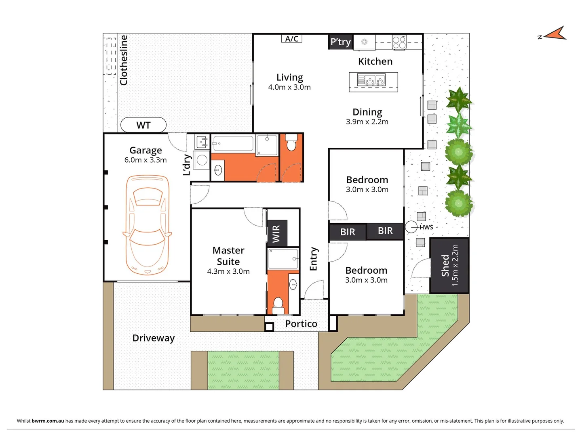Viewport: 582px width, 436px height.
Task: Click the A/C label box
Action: coord(292,39)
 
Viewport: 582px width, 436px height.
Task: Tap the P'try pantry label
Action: coord(341,42)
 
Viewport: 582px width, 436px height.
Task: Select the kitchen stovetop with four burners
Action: coord(399,42)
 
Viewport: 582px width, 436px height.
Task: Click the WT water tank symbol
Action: coord(143,125)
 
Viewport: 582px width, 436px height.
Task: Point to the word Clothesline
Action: coord(124,60)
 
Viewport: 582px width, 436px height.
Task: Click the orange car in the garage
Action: coord(147,225)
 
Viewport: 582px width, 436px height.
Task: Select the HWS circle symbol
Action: coord(411,227)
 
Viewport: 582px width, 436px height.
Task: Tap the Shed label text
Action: coord(445,265)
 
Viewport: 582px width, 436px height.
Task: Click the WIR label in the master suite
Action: coord(276,234)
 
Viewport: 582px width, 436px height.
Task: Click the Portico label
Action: coord(301,324)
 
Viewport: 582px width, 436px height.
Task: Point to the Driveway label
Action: coord(154,338)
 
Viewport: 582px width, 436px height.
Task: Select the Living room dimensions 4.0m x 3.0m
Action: coord(289,87)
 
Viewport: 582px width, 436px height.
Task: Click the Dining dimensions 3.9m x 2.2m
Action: coord(367,122)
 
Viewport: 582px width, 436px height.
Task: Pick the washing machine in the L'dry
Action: coord(202,160)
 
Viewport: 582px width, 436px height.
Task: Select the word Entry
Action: coord(314,259)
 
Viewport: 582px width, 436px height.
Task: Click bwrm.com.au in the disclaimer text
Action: coord(48,421)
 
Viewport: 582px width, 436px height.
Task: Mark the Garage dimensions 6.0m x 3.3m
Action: coord(145,160)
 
